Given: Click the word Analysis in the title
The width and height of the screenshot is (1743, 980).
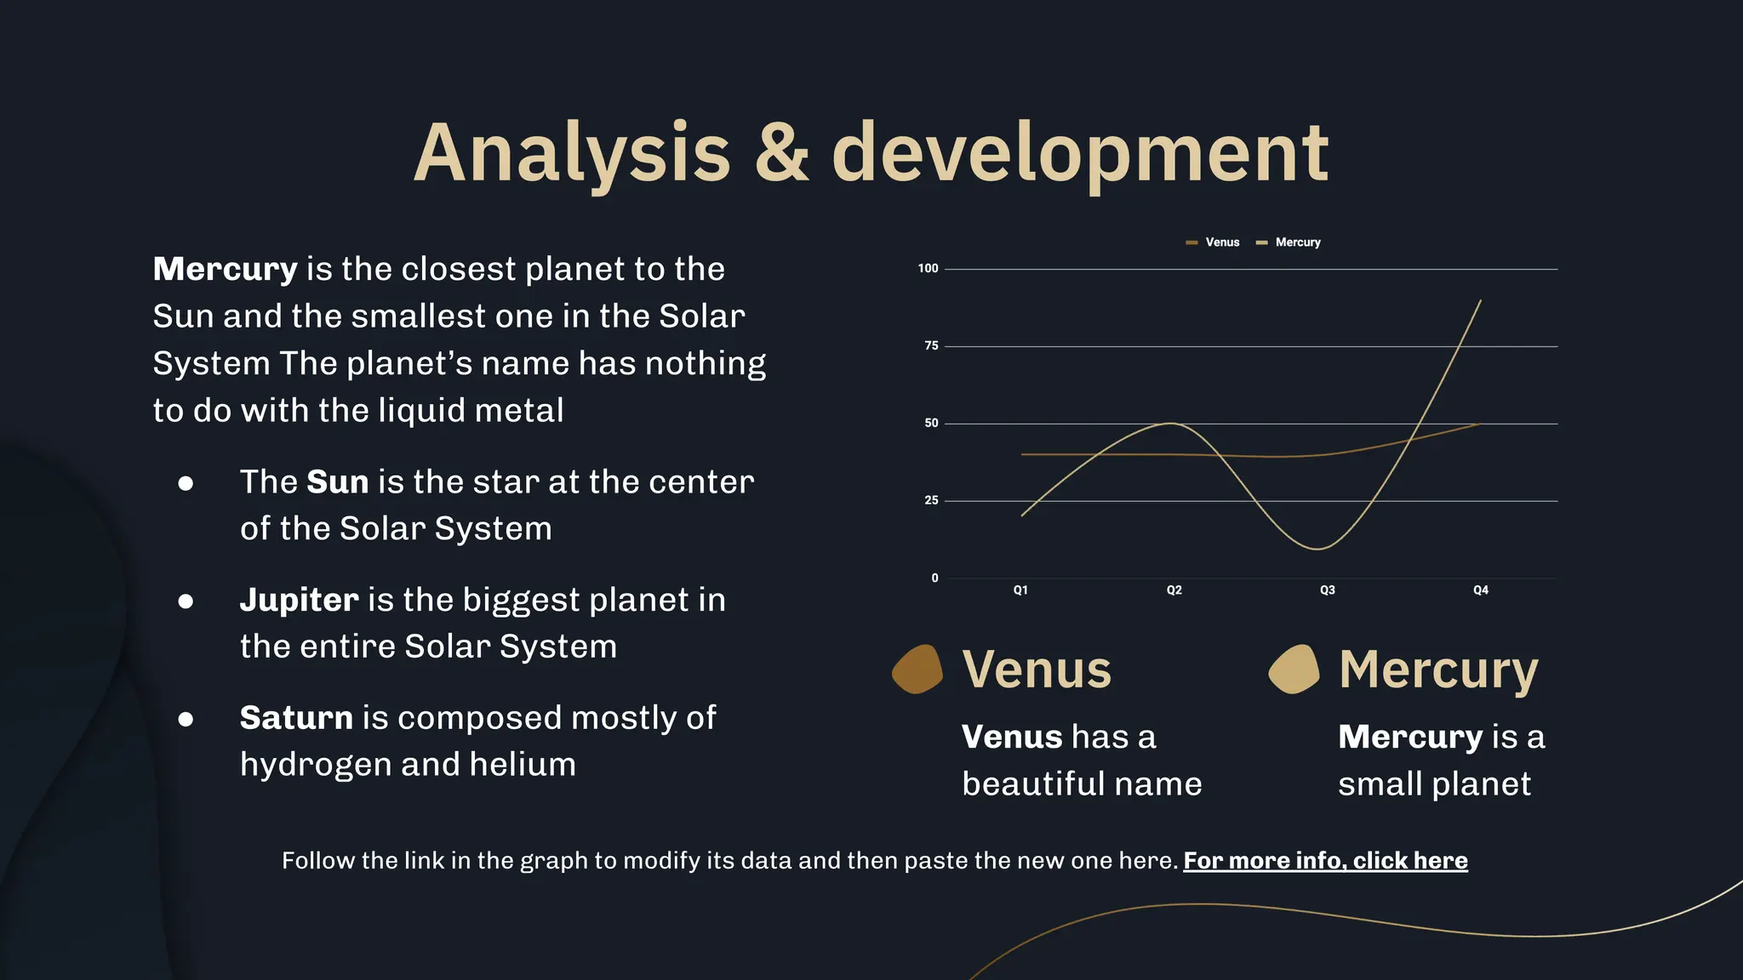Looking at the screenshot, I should click(572, 153).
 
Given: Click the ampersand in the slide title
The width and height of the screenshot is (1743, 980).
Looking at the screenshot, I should click(781, 153).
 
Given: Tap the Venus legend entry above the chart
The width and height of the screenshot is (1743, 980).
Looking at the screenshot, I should click(1214, 242).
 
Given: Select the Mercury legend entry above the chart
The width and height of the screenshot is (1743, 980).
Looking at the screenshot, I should click(1289, 242).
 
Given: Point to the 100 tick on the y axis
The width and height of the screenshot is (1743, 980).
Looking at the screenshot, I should click(928, 269).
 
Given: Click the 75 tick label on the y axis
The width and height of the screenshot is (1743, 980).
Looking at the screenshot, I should click(931, 346).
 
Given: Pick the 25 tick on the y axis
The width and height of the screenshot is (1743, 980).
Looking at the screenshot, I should click(931, 500).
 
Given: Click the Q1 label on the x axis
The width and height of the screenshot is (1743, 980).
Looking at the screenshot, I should click(1020, 590).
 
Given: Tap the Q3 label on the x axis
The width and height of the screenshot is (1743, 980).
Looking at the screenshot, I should click(1327, 590).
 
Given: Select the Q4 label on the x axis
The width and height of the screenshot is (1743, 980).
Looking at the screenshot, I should click(1481, 590).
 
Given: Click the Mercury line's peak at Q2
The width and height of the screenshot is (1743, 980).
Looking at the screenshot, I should click(1172, 424).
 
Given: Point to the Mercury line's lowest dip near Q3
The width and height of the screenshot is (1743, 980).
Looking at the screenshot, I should click(1317, 549).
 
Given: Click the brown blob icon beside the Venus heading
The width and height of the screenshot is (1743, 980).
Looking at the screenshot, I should click(917, 669).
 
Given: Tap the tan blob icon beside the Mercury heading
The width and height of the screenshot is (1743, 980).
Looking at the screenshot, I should click(1294, 669).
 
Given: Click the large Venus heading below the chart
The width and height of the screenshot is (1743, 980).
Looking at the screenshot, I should click(1037, 670).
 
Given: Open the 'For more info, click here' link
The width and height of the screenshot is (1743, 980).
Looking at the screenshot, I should click(1325, 861).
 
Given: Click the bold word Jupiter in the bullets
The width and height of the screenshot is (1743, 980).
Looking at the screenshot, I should click(299, 601).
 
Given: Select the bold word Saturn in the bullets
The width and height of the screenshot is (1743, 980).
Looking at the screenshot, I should click(296, 719).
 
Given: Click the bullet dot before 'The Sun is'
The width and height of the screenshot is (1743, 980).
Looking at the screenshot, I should click(186, 484).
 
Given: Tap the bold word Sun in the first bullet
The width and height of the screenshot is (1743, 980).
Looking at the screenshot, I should click(337, 482).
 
